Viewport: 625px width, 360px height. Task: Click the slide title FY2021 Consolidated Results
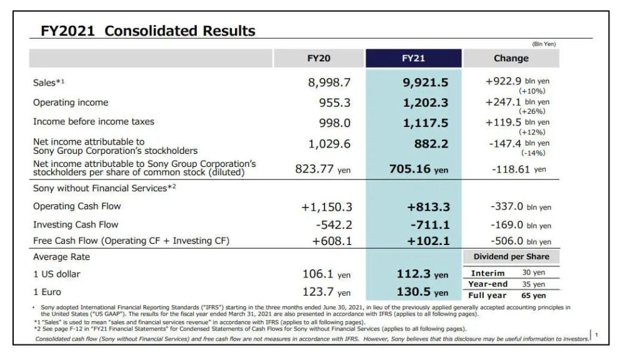click(x=147, y=31)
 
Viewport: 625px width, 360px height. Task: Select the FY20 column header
click(x=319, y=58)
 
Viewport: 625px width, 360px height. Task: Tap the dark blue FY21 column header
click(x=413, y=58)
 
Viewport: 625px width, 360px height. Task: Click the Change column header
click(x=511, y=58)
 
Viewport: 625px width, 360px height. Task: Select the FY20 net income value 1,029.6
click(x=329, y=144)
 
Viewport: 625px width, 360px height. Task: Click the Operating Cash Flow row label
click(x=77, y=206)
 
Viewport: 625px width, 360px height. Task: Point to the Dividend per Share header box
click(x=511, y=256)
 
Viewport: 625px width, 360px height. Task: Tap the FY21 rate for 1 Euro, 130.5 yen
click(x=422, y=292)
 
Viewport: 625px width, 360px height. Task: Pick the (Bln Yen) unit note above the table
click(x=543, y=44)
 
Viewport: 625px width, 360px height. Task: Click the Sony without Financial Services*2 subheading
click(x=104, y=187)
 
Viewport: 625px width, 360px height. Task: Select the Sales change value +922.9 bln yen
click(x=517, y=82)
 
